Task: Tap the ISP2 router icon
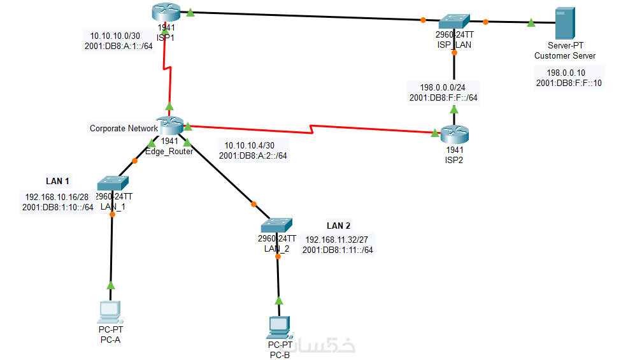click(454, 134)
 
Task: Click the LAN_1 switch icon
click(113, 183)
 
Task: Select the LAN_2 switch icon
click(276, 226)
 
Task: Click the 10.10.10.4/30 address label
click(245, 145)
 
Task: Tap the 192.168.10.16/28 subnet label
click(57, 196)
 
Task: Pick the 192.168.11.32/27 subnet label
click(338, 240)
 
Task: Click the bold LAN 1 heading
click(57, 181)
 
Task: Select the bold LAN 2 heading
click(338, 226)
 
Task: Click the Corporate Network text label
click(123, 128)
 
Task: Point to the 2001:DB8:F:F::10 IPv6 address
click(569, 83)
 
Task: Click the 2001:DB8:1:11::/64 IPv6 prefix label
click(338, 250)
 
